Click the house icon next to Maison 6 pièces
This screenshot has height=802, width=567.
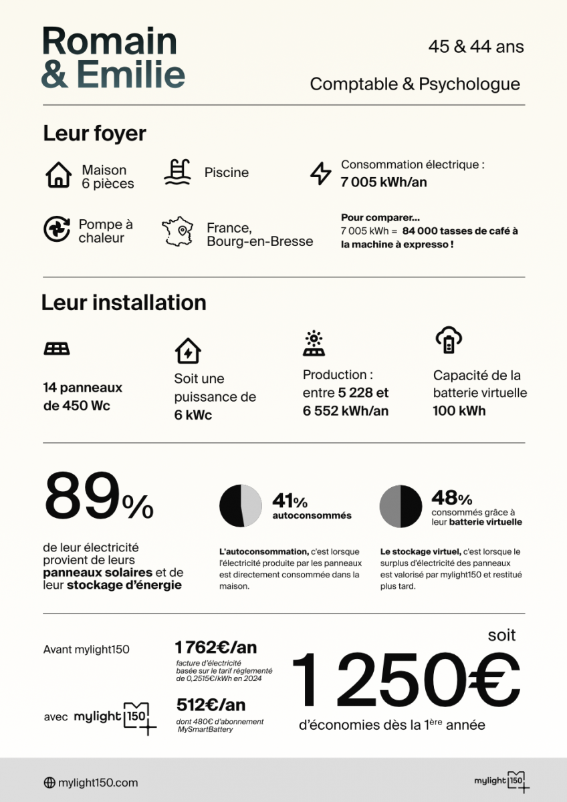(59, 175)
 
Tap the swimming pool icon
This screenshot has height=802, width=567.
(177, 172)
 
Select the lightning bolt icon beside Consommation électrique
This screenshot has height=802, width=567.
(321, 173)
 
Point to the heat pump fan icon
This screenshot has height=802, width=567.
(57, 229)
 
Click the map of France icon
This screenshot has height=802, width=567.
(177, 231)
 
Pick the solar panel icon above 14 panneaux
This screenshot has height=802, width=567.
(57, 349)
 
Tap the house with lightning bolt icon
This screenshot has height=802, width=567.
(188, 351)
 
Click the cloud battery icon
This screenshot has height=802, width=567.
(448, 341)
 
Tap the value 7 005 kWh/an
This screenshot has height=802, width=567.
(383, 182)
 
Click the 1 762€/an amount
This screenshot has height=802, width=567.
(215, 647)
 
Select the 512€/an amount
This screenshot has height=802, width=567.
(211, 704)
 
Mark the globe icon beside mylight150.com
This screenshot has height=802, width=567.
(49, 783)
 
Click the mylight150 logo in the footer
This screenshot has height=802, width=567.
(501, 781)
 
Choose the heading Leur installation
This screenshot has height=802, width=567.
(124, 303)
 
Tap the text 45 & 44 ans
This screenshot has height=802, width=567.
(476, 47)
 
